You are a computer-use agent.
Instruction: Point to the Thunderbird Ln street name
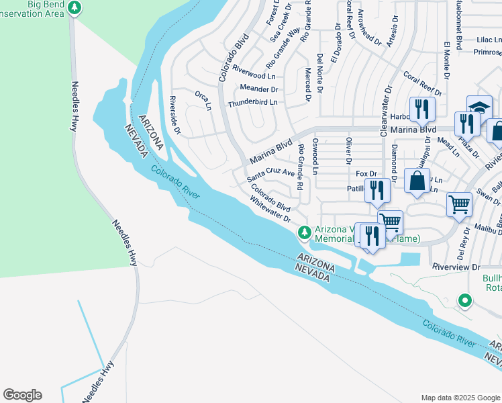pos(256,103)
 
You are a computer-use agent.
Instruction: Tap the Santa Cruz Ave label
pos(270,175)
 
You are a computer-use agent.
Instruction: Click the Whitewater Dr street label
pos(269,210)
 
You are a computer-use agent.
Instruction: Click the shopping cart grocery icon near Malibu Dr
pos(459,203)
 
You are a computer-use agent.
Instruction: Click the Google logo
pos(22,395)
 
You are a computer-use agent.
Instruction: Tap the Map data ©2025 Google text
pos(460,398)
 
